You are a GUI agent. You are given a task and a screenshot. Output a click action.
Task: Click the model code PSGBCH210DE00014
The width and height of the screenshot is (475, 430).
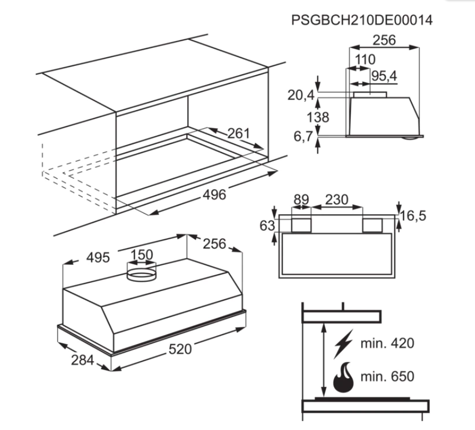[x=362, y=20]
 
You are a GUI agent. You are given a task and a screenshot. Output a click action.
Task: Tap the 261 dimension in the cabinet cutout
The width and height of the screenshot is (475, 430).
[x=239, y=134]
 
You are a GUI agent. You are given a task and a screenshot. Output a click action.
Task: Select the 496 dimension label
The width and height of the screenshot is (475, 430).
[x=214, y=195]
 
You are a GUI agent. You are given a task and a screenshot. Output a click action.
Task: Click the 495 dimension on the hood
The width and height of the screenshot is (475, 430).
[x=98, y=258]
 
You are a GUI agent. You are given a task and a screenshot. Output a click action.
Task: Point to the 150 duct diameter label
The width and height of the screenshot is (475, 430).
[x=142, y=255]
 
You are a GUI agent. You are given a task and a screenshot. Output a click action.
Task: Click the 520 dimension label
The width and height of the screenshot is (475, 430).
[x=180, y=349]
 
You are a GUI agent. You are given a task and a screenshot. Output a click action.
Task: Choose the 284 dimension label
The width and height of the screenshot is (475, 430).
[x=82, y=360]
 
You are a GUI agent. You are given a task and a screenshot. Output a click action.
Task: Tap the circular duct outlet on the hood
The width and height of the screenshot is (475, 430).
[x=142, y=275]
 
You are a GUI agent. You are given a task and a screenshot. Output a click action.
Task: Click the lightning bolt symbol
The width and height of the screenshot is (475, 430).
[x=344, y=344]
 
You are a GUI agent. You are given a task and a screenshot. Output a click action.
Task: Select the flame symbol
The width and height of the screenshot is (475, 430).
[x=343, y=377]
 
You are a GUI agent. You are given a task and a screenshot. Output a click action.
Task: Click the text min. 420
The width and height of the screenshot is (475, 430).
[x=387, y=343]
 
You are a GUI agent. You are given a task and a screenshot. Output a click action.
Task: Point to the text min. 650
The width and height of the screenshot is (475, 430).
[x=387, y=377]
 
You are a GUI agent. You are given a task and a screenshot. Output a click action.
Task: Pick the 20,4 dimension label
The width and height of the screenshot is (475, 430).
[x=301, y=95]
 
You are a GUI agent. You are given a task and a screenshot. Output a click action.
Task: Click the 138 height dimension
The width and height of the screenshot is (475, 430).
[x=318, y=117]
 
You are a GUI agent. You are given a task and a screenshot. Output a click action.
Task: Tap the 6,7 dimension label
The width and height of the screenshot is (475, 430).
[x=303, y=137]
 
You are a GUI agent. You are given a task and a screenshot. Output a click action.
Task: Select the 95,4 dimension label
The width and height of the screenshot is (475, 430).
[x=384, y=76]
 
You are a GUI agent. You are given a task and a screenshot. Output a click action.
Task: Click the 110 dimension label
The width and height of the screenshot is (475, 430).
[x=365, y=59]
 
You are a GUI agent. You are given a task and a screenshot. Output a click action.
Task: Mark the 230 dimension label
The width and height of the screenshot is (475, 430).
[x=337, y=199]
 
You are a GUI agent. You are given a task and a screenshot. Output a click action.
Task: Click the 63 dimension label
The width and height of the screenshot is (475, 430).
[x=267, y=226]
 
